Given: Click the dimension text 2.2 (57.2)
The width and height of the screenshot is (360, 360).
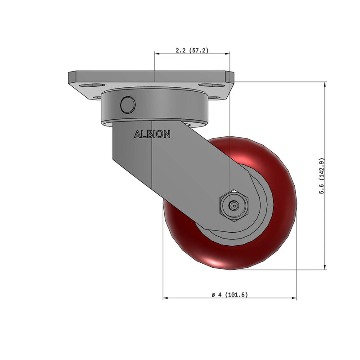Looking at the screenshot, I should [192, 50].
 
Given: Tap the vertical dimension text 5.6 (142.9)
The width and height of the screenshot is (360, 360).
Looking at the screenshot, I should [321, 176].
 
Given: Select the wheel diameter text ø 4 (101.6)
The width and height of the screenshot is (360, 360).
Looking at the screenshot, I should [229, 295].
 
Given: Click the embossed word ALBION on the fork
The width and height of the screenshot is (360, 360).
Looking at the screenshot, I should [152, 134].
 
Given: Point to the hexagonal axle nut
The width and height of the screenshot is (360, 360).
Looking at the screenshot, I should [234, 206].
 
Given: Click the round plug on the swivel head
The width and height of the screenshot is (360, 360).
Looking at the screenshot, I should [127, 104].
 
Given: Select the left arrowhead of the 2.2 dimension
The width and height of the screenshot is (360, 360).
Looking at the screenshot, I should [157, 53].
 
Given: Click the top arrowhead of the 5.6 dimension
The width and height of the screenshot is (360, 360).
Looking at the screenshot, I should [325, 84].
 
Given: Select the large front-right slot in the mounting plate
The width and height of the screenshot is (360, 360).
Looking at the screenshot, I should [208, 85].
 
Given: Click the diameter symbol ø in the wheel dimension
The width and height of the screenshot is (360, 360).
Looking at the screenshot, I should [213, 295].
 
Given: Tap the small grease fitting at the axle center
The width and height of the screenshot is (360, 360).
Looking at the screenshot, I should [234, 206].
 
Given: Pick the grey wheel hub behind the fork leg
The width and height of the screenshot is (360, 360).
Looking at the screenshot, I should [261, 211].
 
